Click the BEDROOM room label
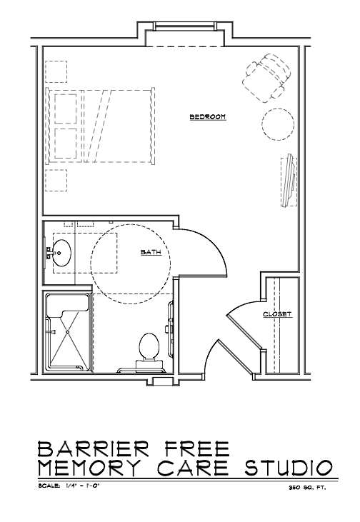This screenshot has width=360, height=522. (208, 117)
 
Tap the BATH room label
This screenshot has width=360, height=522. (151, 252)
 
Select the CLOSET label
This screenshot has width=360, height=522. (277, 314)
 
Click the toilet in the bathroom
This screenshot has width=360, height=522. (149, 350)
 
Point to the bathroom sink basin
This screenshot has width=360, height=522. (62, 253)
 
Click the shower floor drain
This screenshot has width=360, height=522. (68, 331)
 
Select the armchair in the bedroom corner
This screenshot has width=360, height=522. (266, 78)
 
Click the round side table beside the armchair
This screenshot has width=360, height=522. (278, 124)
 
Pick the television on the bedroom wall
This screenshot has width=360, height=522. (289, 181)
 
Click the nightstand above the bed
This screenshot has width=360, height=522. (56, 71)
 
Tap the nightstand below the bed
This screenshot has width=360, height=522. (56, 181)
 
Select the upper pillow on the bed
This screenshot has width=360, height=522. (66, 109)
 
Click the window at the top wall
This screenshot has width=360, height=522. (185, 26)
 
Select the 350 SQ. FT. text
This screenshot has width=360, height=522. (307, 488)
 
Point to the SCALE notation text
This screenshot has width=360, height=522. (69, 486)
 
